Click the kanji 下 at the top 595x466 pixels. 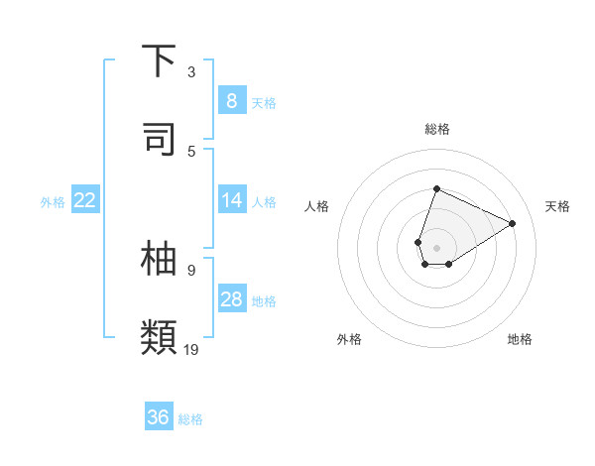coord(160,62)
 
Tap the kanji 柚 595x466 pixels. coord(160,257)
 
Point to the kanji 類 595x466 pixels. coord(160,336)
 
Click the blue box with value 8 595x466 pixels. coord(231,101)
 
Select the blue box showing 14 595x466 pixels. coord(231,200)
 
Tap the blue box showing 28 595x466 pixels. coord(231,299)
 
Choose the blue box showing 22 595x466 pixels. coord(85,200)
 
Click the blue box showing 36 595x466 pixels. coord(159,417)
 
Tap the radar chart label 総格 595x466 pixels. coord(436,129)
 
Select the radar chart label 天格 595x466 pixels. coord(558,206)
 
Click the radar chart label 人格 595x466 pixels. coord(317,206)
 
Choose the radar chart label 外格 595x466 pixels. coord(349,339)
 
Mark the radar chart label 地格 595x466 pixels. coord(520,339)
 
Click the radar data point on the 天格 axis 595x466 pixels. coord(513,223)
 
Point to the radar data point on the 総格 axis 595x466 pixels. coord(436,188)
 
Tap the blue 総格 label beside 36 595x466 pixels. coord(190,419)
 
